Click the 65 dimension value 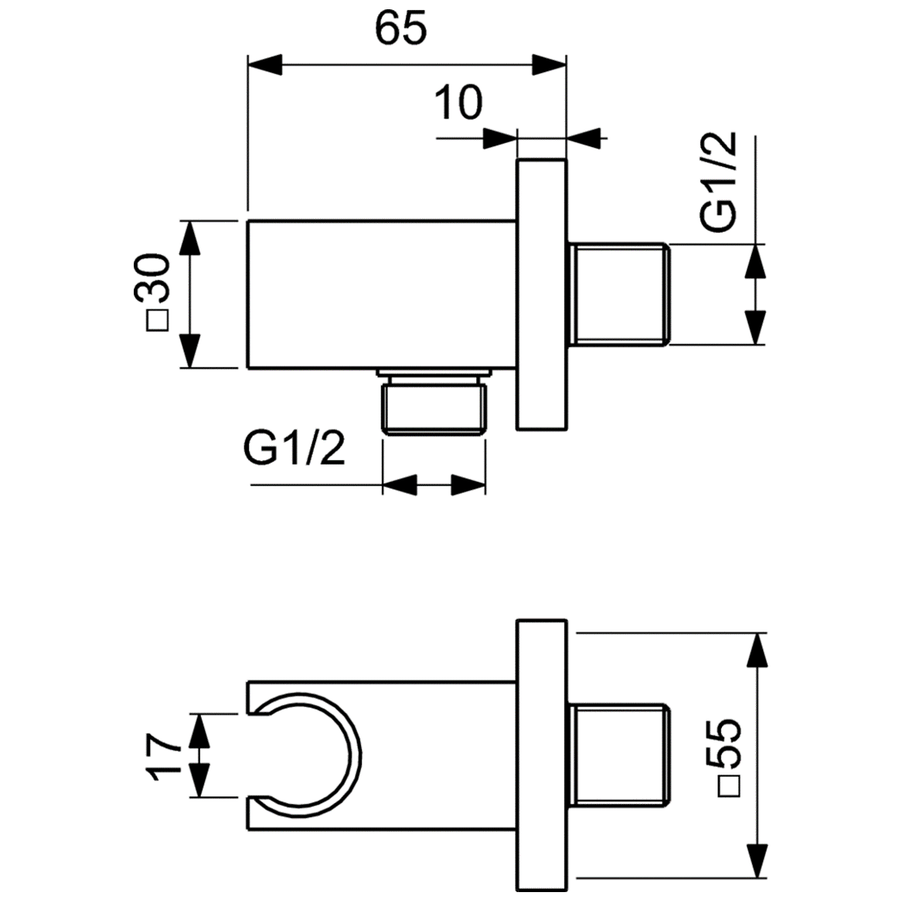tap(401, 29)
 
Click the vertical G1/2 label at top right tap(719, 182)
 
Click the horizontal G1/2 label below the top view tap(295, 448)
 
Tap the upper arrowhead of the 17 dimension tap(199, 731)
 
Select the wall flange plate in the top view tap(542, 294)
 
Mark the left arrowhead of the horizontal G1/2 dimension tap(400, 485)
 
